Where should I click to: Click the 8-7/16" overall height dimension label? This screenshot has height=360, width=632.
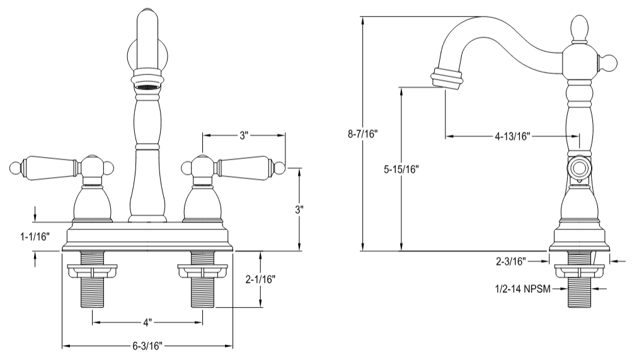coord(362,134)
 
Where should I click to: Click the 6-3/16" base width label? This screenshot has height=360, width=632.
coord(147,346)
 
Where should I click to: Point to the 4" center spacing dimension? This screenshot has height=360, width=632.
coord(147,322)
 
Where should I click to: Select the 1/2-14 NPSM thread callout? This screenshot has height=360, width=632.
coord(523,289)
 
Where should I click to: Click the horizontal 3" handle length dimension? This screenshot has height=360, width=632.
coord(244,135)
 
